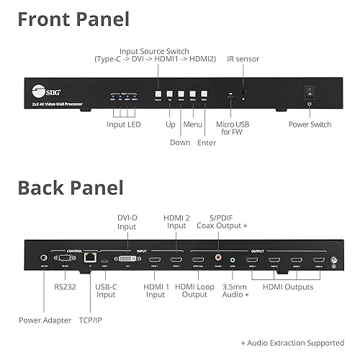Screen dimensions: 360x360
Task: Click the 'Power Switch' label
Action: click(311, 125)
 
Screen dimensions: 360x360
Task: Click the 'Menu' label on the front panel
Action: click(192, 124)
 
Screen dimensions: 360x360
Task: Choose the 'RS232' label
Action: click(66, 287)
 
